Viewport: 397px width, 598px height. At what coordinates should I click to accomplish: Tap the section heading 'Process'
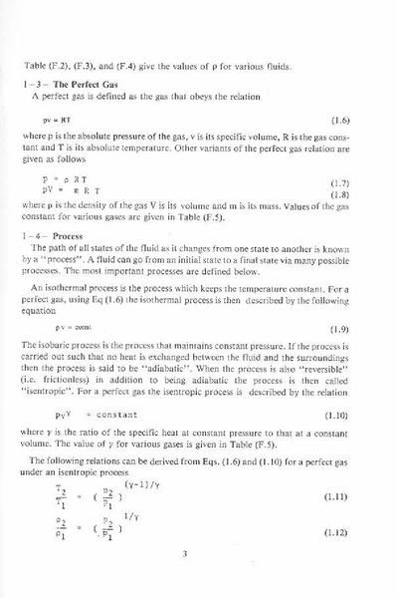69,236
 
